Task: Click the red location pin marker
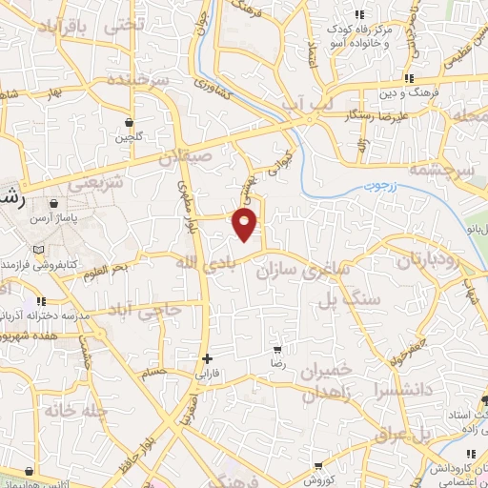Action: pyautogui.click(x=246, y=224)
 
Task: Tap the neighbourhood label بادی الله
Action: pyautogui.click(x=202, y=261)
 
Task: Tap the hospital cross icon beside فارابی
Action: pyautogui.click(x=206, y=358)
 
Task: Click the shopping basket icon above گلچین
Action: pyautogui.click(x=129, y=122)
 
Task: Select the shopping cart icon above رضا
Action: pyautogui.click(x=277, y=350)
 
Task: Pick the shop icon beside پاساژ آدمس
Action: pyautogui.click(x=52, y=203)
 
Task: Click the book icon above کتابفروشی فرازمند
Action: pyautogui.click(x=38, y=249)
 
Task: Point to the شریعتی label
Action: pyautogui.click(x=96, y=181)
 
